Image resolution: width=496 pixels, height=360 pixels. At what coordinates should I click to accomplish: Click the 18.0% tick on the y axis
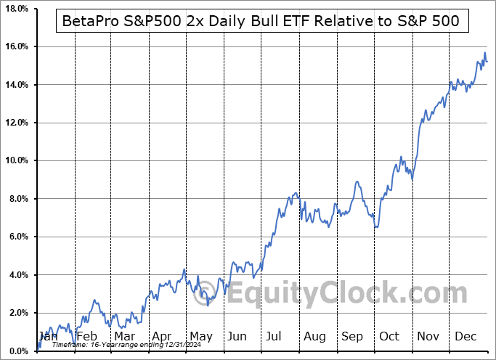coord(15,9)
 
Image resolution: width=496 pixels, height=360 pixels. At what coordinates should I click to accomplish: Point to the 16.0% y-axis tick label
coord(15,46)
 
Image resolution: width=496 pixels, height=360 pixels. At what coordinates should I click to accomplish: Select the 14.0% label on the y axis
coord(15,85)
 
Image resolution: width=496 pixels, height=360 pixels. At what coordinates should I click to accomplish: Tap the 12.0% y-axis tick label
coord(15,123)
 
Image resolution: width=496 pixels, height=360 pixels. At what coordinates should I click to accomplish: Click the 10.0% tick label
coord(15,160)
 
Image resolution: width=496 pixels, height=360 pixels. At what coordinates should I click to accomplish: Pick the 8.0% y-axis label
coord(17,199)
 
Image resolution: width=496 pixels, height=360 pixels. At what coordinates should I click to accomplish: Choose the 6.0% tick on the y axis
coord(17,237)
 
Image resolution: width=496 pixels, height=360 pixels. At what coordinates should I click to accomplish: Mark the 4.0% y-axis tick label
coord(17,275)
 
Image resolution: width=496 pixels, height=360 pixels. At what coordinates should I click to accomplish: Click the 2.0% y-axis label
coord(17,313)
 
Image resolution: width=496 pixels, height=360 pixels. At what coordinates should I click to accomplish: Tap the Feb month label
coord(86,336)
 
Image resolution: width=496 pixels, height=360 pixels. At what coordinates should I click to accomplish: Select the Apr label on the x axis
coord(162,336)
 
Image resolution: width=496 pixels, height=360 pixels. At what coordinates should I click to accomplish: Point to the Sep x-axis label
coord(352,336)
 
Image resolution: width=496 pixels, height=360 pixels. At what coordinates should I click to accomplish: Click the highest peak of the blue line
coord(484,52)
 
